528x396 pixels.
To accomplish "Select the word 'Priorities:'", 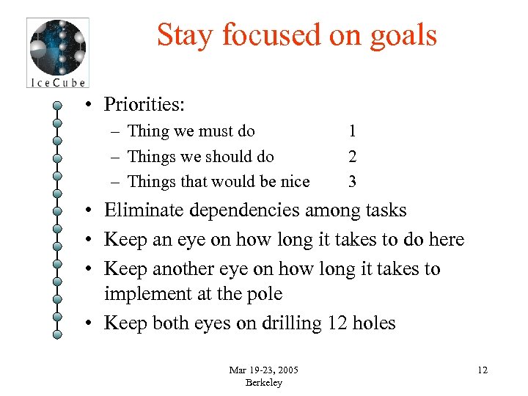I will (144, 104).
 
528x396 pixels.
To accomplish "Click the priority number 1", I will (353, 131).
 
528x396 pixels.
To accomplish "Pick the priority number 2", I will (353, 156).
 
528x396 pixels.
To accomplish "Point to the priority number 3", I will (353, 181).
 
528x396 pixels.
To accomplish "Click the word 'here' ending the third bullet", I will (446, 240).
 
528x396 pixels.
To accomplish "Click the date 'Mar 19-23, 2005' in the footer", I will (263, 369).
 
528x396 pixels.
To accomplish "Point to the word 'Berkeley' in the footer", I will (263, 382).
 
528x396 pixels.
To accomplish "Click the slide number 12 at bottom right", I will (482, 370).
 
